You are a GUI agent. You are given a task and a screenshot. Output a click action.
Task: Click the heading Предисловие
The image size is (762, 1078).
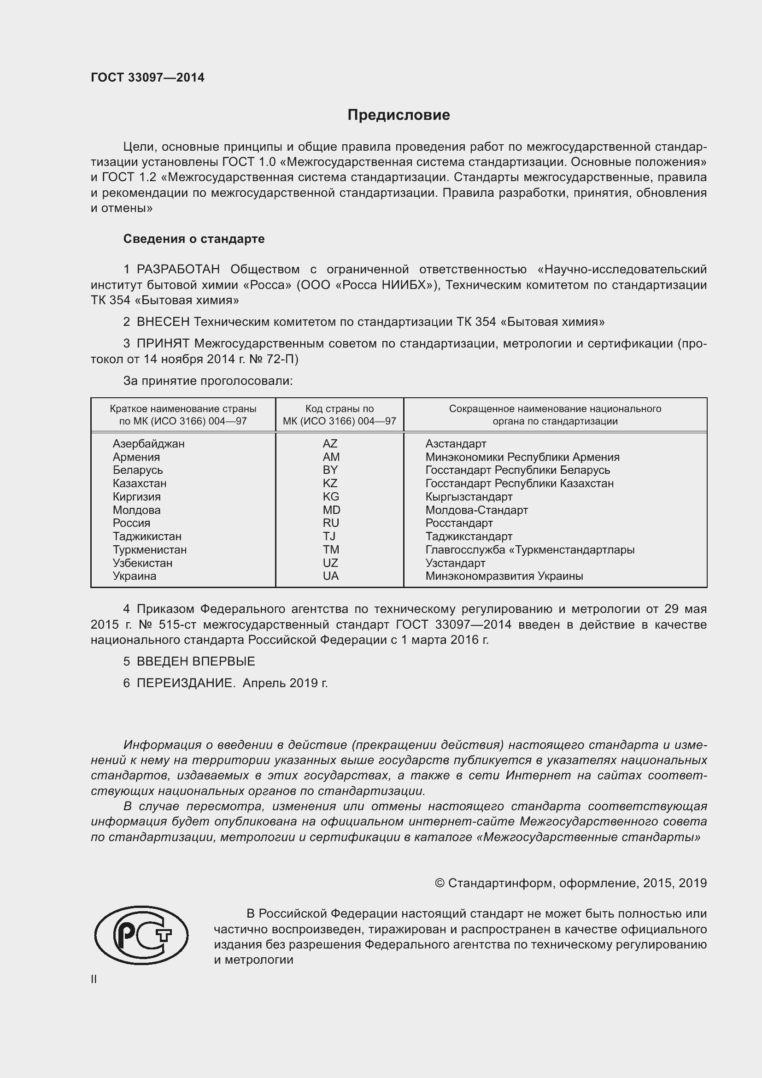[399, 115]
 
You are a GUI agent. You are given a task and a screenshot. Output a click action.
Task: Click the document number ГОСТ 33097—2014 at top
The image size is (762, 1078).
[147, 77]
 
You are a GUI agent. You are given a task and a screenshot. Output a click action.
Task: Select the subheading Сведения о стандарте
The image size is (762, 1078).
[194, 239]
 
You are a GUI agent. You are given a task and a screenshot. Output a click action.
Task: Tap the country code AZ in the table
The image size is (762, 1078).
[330, 444]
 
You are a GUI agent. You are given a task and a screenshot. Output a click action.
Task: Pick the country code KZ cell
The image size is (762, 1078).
[330, 483]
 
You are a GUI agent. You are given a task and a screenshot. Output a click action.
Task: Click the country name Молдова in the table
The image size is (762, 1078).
[136, 510]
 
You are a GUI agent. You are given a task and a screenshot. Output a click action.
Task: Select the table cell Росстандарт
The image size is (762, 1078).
[459, 523]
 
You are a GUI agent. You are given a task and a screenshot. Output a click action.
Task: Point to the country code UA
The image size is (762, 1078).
[330, 576]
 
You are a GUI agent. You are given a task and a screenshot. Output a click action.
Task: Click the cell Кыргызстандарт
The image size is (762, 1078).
[469, 497]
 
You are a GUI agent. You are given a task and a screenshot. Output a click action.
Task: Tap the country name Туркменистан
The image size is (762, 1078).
[150, 550]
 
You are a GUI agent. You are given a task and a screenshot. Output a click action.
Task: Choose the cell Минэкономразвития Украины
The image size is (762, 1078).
[504, 576]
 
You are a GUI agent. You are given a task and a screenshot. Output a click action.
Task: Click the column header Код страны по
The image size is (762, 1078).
[339, 409]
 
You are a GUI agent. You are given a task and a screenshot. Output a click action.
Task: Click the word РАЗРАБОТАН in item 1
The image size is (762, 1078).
[178, 270]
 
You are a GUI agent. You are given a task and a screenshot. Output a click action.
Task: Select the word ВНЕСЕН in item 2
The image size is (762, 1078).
[163, 322]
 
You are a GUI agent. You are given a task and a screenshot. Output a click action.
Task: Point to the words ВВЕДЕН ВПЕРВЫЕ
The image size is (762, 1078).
[196, 661]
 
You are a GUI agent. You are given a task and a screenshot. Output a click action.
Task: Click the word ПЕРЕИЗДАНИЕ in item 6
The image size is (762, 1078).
[186, 683]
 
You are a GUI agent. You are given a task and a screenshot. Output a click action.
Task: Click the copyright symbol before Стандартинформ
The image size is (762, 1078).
[439, 883]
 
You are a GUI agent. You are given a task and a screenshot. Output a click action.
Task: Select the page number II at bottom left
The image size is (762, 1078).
[94, 979]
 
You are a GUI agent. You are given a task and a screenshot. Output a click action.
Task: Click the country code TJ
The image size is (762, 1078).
[329, 536]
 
